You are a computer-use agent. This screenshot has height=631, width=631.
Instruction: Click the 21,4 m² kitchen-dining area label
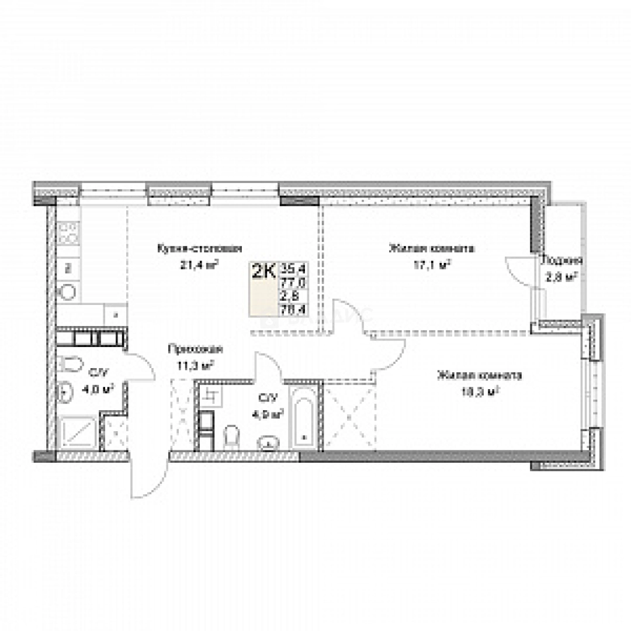pyautogui.click(x=199, y=264)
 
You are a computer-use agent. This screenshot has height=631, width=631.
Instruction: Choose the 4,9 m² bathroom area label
pyautogui.click(x=271, y=414)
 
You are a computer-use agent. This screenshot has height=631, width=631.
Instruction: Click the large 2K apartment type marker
pyautogui.click(x=264, y=272)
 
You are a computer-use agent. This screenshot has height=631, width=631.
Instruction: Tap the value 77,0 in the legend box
pyautogui.click(x=294, y=283)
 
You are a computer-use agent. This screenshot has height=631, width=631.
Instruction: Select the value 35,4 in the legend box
pyautogui.click(x=294, y=269)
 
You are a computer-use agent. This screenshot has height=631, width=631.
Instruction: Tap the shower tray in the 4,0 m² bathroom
pyautogui.click(x=77, y=432)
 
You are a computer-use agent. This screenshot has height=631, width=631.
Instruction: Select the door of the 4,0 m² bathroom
pyautogui.click(x=140, y=365)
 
